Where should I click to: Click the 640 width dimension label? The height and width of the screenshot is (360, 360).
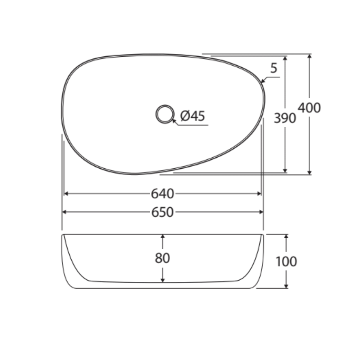[162, 193]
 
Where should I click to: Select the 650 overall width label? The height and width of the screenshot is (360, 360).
[162, 212]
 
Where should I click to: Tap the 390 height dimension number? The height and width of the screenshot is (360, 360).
[284, 118]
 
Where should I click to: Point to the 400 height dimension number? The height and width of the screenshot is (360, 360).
[309, 108]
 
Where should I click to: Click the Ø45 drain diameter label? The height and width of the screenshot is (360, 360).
[193, 116]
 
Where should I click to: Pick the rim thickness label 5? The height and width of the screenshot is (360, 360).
[274, 68]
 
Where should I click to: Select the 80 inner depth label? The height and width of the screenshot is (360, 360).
[162, 258]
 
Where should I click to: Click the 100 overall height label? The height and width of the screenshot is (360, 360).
[286, 261]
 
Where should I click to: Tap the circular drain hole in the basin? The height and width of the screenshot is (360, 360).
[164, 114]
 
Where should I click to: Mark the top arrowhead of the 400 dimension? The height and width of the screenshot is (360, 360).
[310, 56]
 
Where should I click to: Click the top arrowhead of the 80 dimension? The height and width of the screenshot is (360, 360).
[163, 237]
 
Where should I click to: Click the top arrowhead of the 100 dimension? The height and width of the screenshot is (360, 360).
[286, 237]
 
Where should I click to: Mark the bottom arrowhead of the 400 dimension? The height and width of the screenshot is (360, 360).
[310, 172]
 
